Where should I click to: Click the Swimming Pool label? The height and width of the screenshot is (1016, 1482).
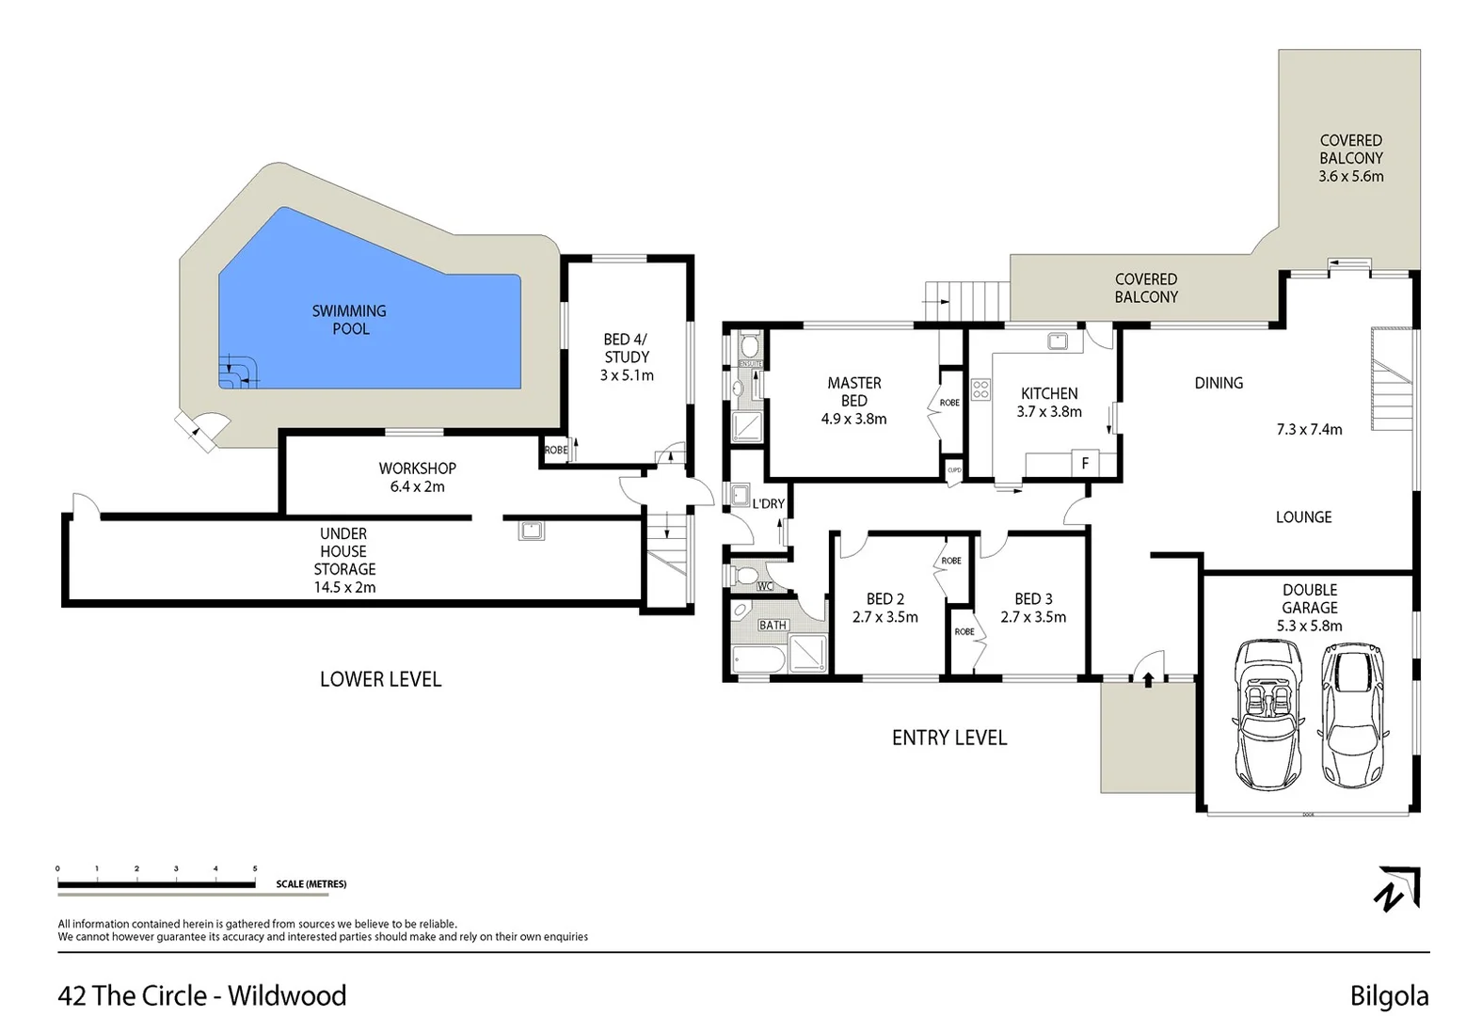tap(349, 320)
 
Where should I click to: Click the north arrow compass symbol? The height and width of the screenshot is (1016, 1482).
tap(1398, 889)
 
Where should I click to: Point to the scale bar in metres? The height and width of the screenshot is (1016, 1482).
tap(156, 884)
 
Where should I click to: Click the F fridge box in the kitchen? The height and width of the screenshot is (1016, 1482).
tap(1084, 464)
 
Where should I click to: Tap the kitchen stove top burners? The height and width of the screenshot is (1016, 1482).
tap(980, 388)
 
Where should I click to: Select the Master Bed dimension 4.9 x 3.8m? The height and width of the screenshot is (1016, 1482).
tap(853, 420)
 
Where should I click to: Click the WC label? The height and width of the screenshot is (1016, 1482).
tap(764, 587)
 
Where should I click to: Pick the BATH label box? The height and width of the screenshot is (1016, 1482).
tap(773, 625)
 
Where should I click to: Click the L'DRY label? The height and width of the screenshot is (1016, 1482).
tap(768, 504)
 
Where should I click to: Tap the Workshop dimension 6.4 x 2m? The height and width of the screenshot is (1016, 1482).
tap(417, 486)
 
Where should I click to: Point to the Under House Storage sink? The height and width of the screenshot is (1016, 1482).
tap(531, 531)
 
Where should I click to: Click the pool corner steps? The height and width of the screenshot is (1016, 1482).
tap(238, 372)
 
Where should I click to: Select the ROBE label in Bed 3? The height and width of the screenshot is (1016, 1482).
tap(964, 631)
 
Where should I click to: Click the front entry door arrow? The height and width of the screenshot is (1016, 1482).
tap(1147, 677)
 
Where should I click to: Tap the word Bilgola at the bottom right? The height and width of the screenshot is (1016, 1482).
tap(1389, 996)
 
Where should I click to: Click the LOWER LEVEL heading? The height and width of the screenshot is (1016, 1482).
tap(380, 679)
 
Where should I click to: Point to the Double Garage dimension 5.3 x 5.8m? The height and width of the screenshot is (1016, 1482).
tap(1309, 626)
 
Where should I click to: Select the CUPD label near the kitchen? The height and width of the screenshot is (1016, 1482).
tap(954, 470)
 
